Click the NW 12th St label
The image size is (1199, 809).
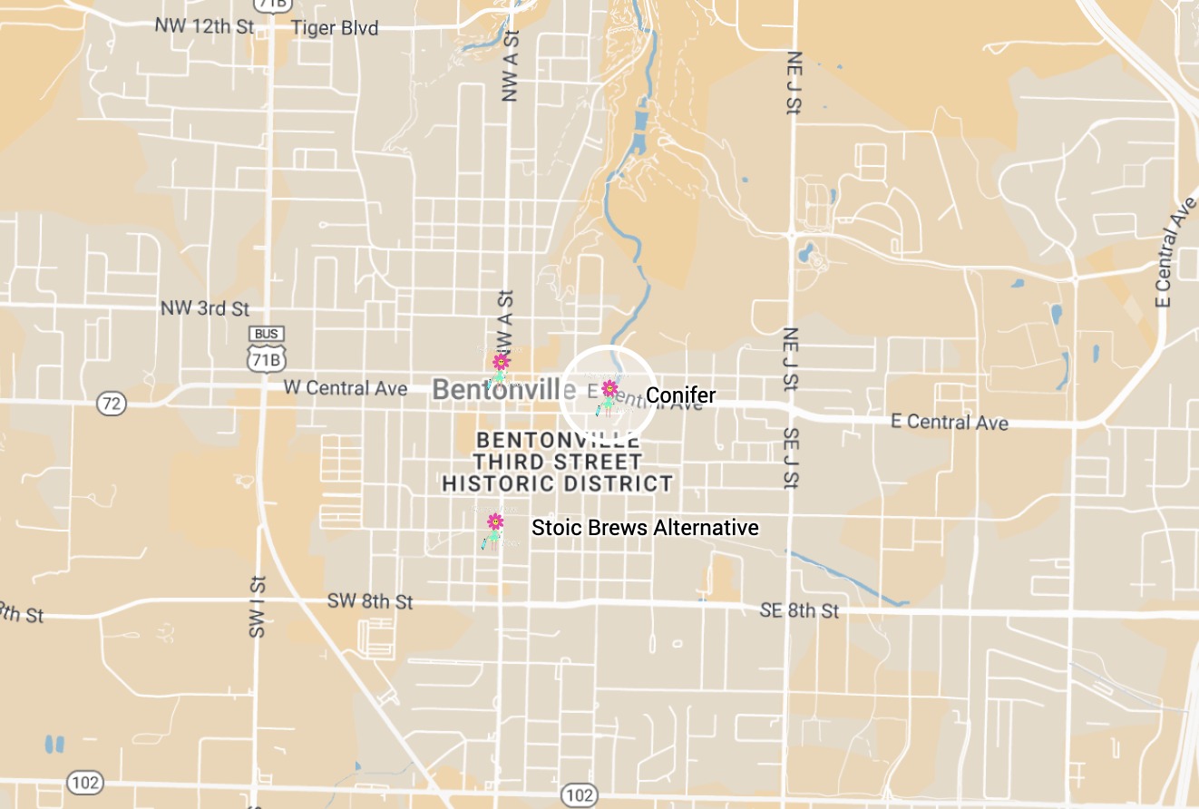pyautogui.click(x=204, y=25)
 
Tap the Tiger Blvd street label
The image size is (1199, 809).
pyautogui.click(x=335, y=28)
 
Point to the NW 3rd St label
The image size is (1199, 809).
pyautogui.click(x=205, y=308)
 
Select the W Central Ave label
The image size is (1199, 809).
pyautogui.click(x=346, y=388)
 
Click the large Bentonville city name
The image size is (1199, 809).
pyautogui.click(x=504, y=390)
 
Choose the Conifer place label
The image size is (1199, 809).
pyautogui.click(x=680, y=395)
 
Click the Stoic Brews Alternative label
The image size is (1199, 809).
pyautogui.click(x=645, y=528)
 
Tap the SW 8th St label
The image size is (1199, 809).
pyautogui.click(x=370, y=601)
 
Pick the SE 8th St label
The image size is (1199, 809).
pyautogui.click(x=799, y=610)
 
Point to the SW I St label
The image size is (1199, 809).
pyautogui.click(x=258, y=606)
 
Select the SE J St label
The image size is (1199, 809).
pyautogui.click(x=790, y=458)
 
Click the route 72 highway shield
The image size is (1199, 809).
pyautogui.click(x=111, y=404)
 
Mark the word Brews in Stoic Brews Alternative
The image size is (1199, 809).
pyautogui.click(x=614, y=528)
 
